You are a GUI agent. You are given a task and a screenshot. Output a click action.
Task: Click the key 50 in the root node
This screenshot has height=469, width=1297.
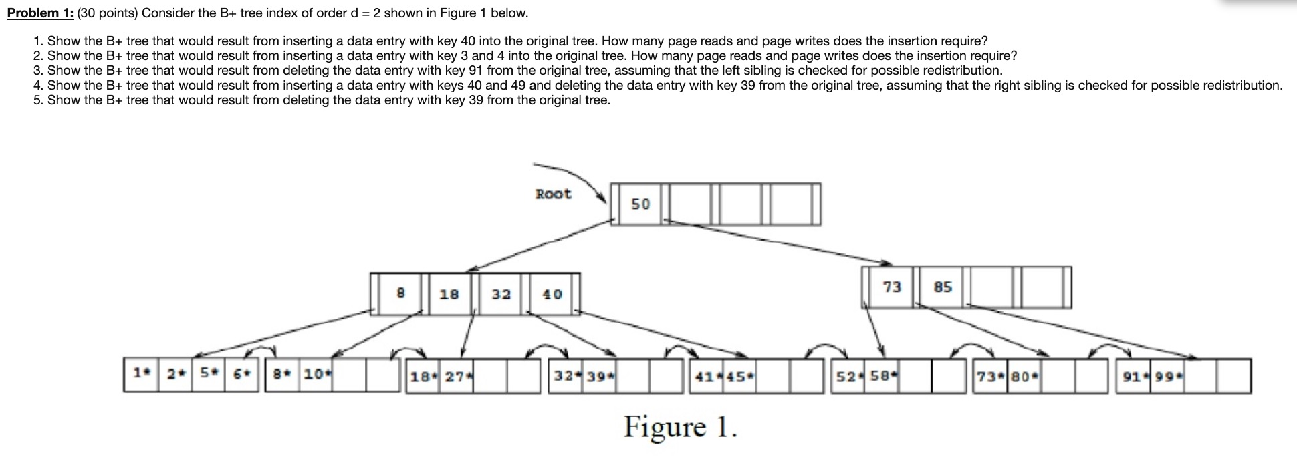point(640,204)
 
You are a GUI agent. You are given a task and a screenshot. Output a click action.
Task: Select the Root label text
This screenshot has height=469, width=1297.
point(553,194)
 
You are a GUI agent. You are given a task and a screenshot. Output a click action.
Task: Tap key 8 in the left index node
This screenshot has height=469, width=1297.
point(400,293)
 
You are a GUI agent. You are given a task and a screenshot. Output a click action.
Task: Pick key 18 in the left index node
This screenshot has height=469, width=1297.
point(449,294)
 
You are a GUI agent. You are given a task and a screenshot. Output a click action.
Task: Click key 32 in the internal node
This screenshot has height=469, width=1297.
point(501,294)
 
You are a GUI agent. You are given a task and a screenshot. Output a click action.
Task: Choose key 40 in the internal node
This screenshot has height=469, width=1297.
point(552,294)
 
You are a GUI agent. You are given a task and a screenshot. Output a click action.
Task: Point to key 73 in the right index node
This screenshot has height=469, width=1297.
point(891,287)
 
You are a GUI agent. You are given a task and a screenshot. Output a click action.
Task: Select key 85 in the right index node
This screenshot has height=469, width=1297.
point(943,287)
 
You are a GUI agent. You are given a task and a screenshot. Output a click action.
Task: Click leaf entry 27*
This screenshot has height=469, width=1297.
point(459,377)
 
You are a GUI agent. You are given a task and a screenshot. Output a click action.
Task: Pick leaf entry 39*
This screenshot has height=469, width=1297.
point(600,377)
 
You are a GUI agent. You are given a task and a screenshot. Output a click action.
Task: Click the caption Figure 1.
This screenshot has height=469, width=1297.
point(680,427)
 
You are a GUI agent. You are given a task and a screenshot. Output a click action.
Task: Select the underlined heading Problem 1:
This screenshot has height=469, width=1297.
point(40,13)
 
